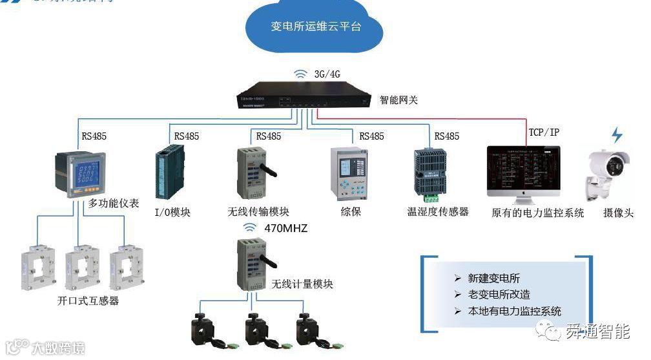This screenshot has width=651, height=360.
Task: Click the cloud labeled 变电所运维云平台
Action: [x=315, y=27]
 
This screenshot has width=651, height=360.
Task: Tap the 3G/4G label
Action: [x=327, y=74]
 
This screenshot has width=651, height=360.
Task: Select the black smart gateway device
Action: [x=304, y=96]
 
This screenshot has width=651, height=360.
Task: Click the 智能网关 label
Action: [x=398, y=100]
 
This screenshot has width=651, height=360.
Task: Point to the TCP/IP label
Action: [x=544, y=132]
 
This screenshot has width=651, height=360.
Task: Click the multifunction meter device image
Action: [x=79, y=173]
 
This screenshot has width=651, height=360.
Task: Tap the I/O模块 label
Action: [x=172, y=212]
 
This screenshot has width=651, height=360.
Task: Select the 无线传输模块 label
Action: [x=258, y=212]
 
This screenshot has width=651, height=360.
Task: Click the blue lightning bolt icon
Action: [x=617, y=134]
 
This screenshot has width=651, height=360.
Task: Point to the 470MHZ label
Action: [x=285, y=228]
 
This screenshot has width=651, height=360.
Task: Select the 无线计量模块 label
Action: [x=302, y=284]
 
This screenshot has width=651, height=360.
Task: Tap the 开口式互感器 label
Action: [x=88, y=301]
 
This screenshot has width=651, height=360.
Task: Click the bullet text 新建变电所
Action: [x=494, y=279]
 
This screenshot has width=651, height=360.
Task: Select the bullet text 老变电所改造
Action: [x=499, y=295]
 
